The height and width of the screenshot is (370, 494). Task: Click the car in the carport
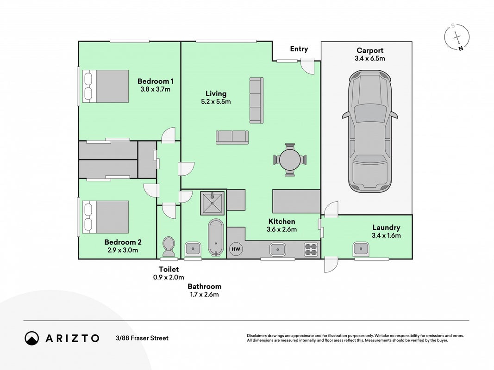point(370,131)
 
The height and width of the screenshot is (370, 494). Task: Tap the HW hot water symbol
point(236,249)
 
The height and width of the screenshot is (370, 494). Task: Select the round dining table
point(290,160)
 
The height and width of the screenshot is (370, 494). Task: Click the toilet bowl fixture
point(169,247)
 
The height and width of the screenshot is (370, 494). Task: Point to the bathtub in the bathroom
point(216,238)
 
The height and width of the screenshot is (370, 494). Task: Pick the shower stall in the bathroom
point(213,203)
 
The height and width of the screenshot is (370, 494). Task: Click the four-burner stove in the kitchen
point(311,249)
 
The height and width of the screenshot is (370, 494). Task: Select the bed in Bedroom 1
point(106,86)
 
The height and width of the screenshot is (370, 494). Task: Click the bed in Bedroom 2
point(106,217)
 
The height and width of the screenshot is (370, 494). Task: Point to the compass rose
point(457,37)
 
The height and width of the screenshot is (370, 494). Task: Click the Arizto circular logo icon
point(31,338)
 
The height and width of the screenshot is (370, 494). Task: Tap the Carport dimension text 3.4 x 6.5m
point(370,59)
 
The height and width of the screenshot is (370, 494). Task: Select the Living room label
point(216,93)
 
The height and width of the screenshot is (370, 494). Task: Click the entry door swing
point(307,67)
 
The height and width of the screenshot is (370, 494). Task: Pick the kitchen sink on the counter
point(278,249)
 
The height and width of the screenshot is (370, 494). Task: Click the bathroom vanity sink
point(193,249)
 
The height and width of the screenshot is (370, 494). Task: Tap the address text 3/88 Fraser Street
point(142,338)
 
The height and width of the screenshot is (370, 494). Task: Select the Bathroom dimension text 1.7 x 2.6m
point(205,295)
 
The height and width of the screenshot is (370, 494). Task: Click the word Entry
point(299,49)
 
